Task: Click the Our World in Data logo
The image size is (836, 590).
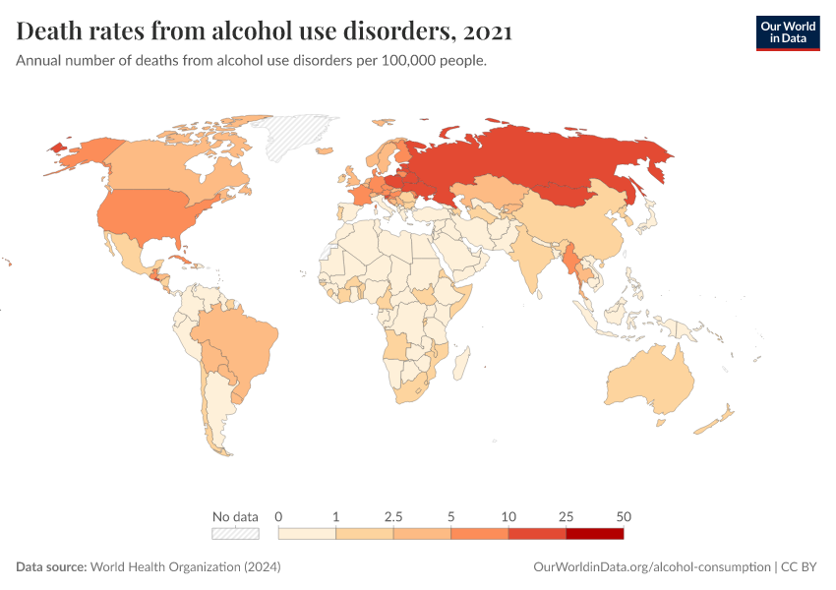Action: [787, 31]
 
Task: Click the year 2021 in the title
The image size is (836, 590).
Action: [487, 32]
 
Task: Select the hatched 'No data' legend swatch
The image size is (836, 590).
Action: [235, 533]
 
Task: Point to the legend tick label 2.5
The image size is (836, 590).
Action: [393, 516]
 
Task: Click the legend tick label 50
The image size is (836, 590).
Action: [623, 516]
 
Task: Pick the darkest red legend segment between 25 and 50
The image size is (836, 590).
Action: [594, 533]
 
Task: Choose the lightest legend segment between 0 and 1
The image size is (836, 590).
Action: [308, 533]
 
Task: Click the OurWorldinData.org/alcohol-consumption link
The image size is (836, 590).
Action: [651, 567]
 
